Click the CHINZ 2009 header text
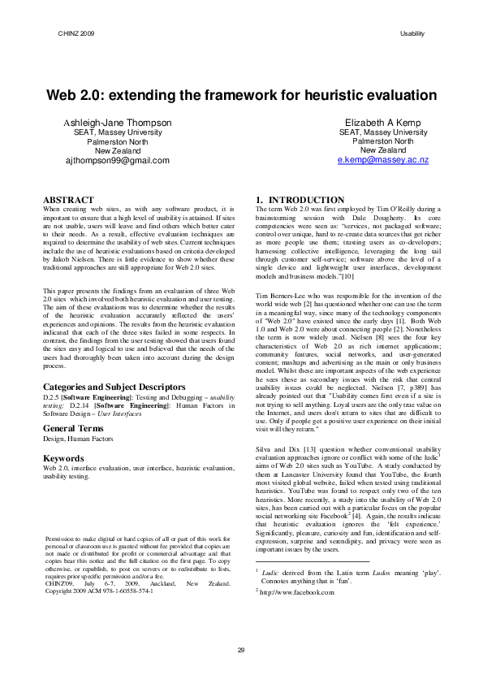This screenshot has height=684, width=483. point(76,33)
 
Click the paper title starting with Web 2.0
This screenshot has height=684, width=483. point(241,95)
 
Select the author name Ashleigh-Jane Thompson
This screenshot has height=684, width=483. point(118,123)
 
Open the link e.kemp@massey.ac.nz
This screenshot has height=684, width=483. point(383,160)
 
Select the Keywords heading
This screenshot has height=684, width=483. point(63,458)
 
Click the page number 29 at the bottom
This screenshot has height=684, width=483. point(241,649)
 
